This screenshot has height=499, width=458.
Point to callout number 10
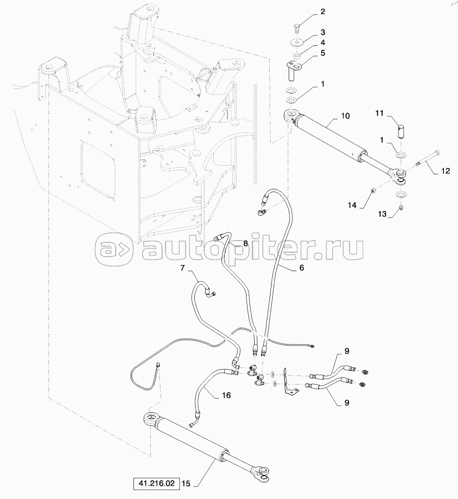tap(345, 116)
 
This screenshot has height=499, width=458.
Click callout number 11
tap(379, 113)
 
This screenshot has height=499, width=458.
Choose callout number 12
tap(446, 171)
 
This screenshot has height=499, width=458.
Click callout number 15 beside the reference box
tap(185, 484)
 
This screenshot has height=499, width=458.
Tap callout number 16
tap(226, 395)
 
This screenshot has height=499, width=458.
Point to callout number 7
tap(183, 268)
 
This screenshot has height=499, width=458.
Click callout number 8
tap(245, 243)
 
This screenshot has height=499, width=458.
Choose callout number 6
tap(301, 268)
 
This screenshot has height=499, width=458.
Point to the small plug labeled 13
tap(401, 208)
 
